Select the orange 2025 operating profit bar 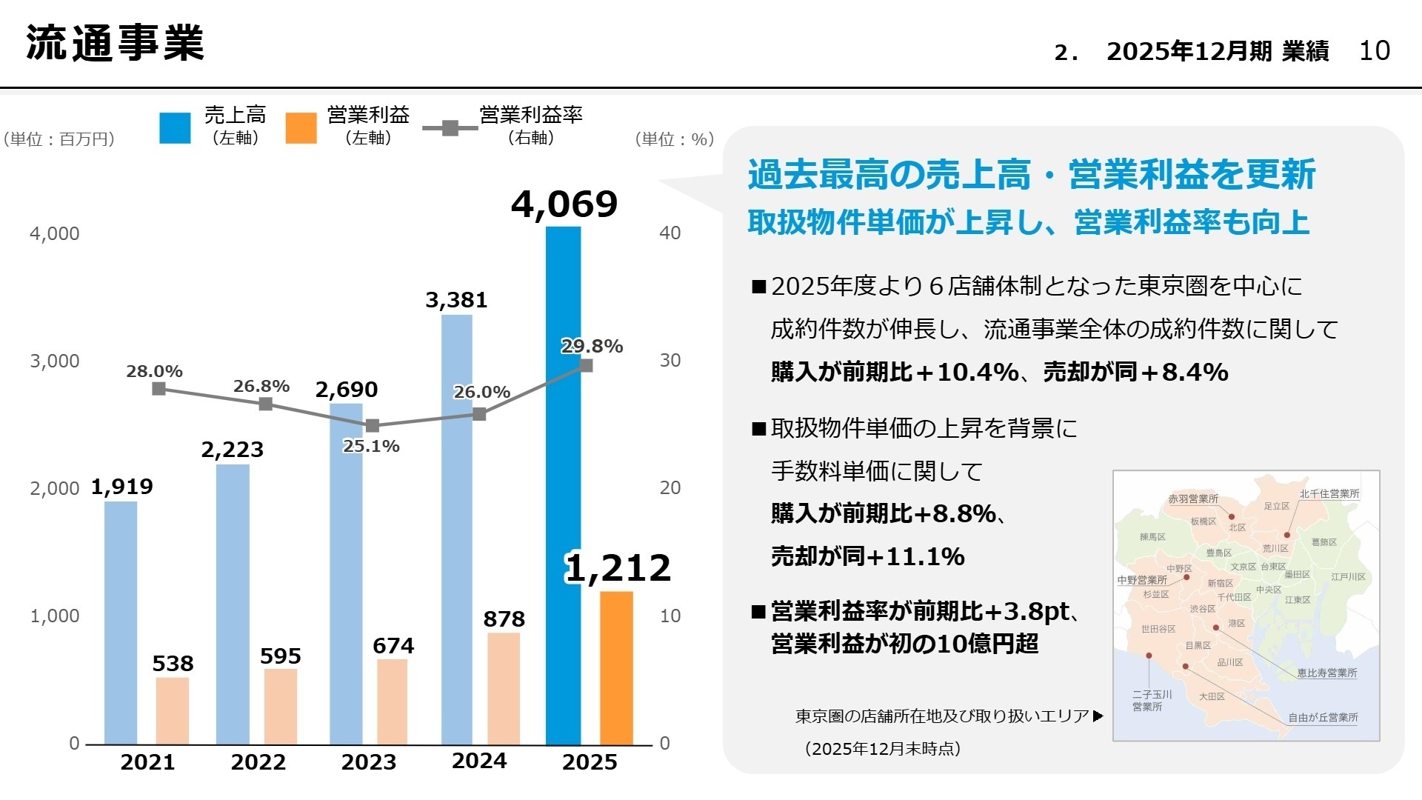point(616,667)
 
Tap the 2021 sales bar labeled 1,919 point(121,622)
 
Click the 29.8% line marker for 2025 point(586,365)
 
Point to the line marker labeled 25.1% point(373,426)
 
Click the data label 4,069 point(564,204)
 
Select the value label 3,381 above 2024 point(456,300)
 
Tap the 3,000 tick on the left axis point(54,361)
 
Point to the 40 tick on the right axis point(670,233)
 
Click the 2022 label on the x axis point(258,761)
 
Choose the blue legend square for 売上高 point(175,127)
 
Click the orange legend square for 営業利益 point(301,127)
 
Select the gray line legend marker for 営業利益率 point(450,127)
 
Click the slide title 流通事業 point(115,43)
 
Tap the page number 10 point(1375,50)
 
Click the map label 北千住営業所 point(1329,493)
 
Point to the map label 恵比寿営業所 point(1326,673)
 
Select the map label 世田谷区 point(1158,629)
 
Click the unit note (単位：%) point(674,139)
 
